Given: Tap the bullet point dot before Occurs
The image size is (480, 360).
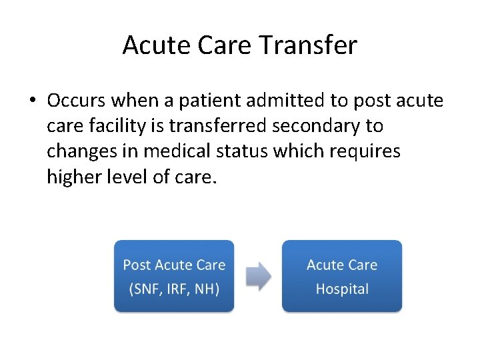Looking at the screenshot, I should pyautogui.click(x=32, y=101).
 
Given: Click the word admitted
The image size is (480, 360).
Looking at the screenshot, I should pyautogui.click(x=289, y=101).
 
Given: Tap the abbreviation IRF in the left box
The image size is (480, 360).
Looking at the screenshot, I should pyautogui.click(x=177, y=289).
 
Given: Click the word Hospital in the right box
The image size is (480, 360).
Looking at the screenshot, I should pyautogui.click(x=342, y=289).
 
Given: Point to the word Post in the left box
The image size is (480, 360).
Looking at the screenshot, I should pyautogui.click(x=137, y=265).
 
